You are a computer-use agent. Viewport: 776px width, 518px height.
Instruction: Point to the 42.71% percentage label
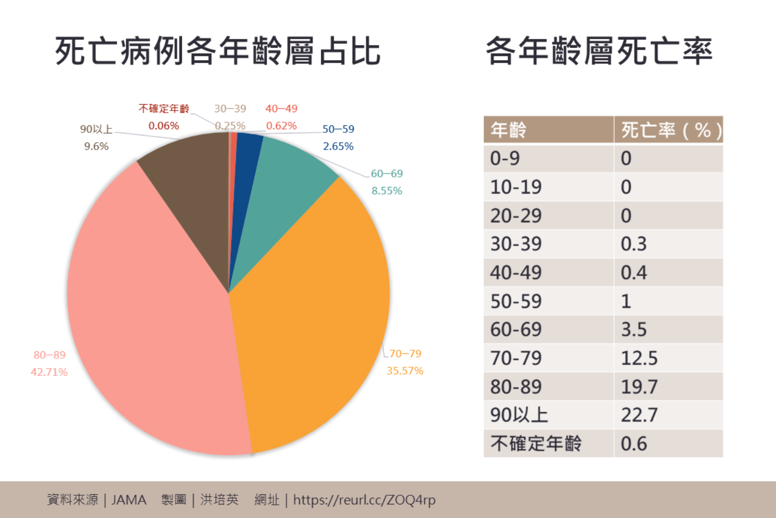[49, 372]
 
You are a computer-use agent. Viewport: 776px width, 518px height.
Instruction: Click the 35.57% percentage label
[405, 371]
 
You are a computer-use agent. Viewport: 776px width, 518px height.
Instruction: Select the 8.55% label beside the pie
[386, 191]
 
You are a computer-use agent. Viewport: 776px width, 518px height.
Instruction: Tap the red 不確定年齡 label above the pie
[164, 109]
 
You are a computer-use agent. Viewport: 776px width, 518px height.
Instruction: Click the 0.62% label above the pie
[281, 126]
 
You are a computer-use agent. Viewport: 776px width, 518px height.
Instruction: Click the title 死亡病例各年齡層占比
[217, 51]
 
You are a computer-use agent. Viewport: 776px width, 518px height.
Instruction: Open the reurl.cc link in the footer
[364, 500]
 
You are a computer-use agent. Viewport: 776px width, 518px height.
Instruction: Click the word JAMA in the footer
[129, 500]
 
